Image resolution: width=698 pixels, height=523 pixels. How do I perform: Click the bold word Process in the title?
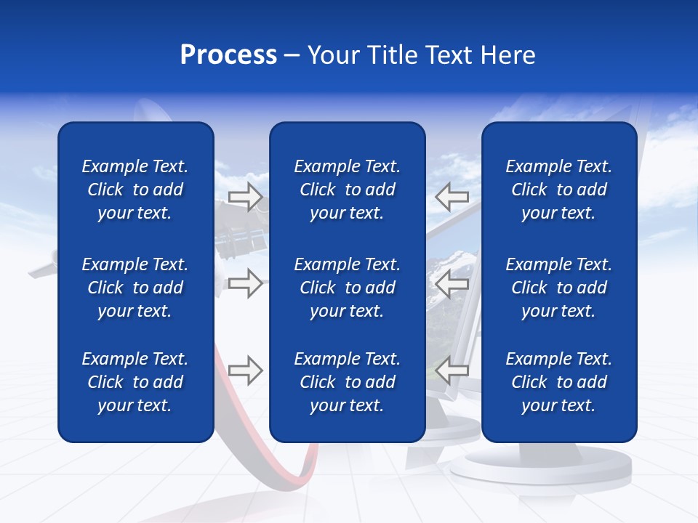click(228, 55)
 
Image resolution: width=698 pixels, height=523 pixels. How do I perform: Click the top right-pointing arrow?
click(245, 196)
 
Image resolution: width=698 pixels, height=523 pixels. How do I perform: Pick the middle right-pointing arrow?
click(245, 283)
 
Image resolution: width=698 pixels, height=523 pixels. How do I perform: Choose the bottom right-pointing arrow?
click(245, 370)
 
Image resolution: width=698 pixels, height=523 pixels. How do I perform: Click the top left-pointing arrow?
click(452, 196)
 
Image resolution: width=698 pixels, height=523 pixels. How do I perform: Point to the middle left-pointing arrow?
click(452, 283)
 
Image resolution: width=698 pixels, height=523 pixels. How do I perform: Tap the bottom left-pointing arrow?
click(452, 370)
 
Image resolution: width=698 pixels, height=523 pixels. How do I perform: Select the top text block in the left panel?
click(135, 190)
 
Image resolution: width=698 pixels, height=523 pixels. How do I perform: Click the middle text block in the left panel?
click(135, 288)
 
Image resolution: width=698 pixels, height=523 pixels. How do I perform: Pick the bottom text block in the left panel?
click(135, 382)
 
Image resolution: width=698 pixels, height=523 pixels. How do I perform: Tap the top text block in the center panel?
click(347, 190)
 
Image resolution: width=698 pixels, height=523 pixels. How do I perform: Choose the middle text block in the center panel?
click(347, 288)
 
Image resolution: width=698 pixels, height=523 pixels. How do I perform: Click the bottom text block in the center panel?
click(347, 382)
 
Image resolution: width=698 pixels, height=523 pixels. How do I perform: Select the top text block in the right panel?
click(558, 190)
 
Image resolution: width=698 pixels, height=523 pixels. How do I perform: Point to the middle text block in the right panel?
click(558, 288)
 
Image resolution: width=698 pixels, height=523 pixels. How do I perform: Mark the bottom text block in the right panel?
click(558, 382)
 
